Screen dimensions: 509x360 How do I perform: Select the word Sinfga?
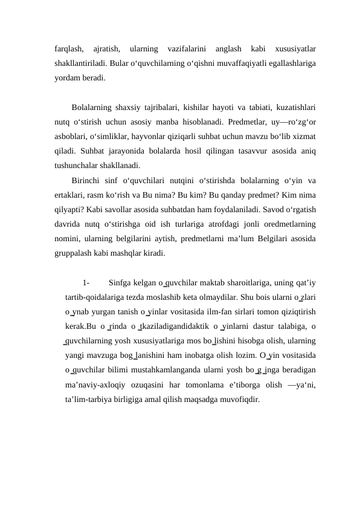[124, 283]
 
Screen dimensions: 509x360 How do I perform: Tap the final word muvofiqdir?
[241, 400]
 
